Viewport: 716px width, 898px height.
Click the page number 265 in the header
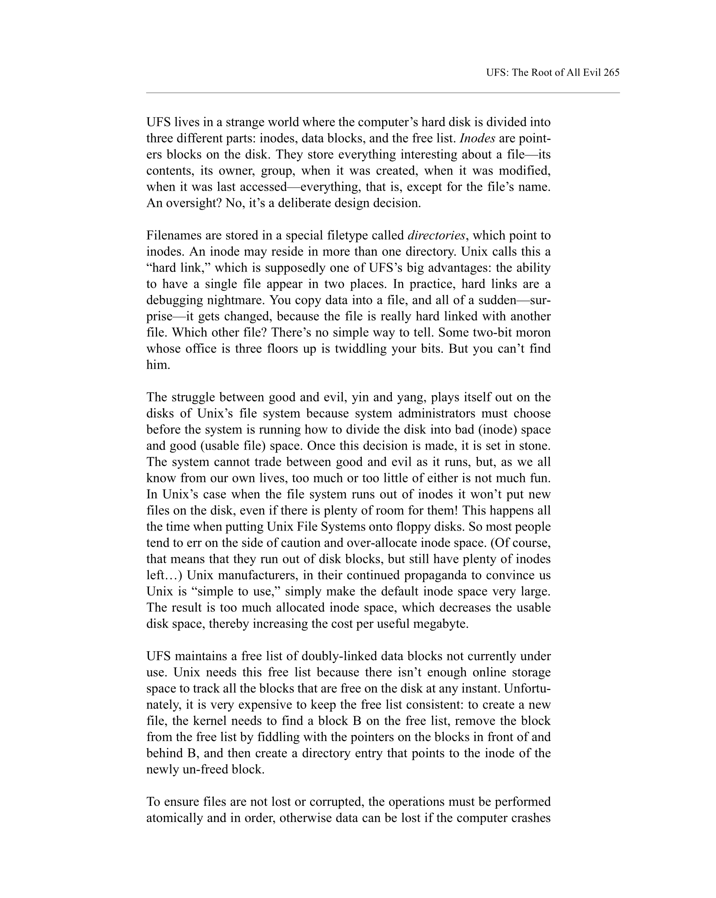[x=611, y=72]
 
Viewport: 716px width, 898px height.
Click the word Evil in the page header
[x=591, y=72]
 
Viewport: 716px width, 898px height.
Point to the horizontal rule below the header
[x=382, y=93]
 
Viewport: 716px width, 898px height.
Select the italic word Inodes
[x=477, y=138]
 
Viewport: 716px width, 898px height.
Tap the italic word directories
[x=436, y=236]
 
